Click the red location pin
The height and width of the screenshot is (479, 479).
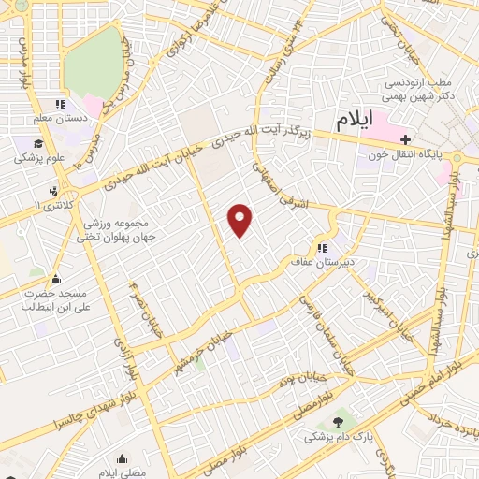pyautogui.click(x=241, y=220)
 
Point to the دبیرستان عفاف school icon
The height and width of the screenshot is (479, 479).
pyautogui.click(x=321, y=249)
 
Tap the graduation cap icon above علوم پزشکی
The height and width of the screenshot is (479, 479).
pyautogui.click(x=38, y=144)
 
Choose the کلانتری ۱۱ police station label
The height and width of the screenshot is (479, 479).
pyautogui.click(x=46, y=203)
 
